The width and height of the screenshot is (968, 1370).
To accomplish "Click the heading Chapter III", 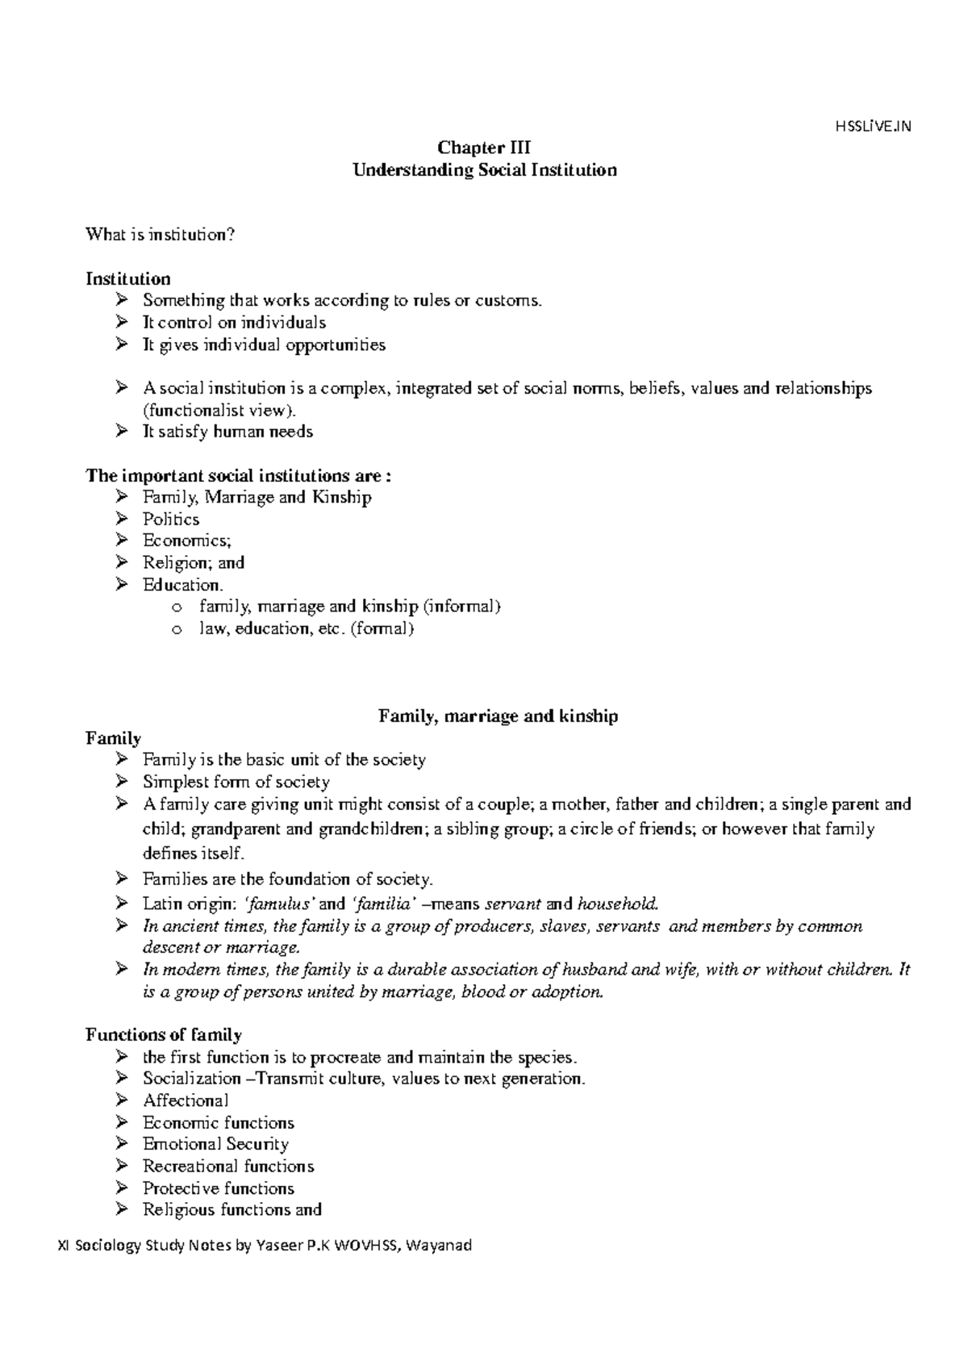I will pos(483,148).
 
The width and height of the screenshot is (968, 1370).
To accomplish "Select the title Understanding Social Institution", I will pos(484,170).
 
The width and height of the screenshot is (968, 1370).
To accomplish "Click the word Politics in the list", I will pos(171,519).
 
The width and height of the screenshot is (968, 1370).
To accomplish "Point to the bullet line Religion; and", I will pos(194,562).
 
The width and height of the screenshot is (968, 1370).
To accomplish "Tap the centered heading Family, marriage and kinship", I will pos(498,716).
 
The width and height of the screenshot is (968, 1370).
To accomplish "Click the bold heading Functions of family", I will pos(164,1034).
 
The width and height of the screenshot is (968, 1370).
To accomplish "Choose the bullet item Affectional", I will pos(186,1101).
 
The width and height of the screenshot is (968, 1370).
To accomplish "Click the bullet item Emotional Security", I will pos(215,1144).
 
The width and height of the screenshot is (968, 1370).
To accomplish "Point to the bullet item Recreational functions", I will pos(228,1166).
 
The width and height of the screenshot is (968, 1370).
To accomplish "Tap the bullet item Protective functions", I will pos(219,1188).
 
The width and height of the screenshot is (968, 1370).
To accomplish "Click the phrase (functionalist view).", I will pos(214,410).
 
